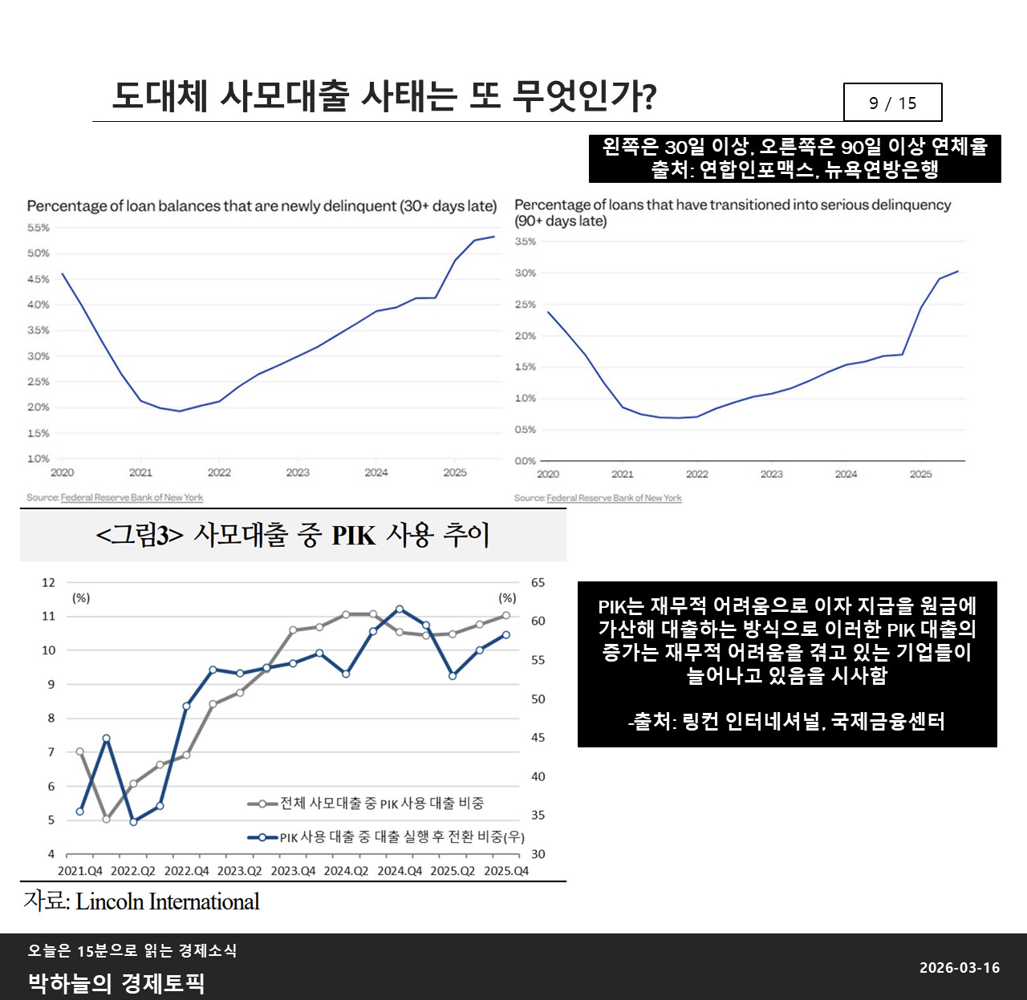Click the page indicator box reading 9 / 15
click(x=892, y=103)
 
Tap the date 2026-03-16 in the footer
click(x=960, y=968)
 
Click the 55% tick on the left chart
click(x=39, y=228)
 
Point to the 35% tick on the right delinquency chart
click(x=526, y=241)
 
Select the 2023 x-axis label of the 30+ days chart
click(x=298, y=472)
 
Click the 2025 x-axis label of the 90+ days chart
click(x=920, y=474)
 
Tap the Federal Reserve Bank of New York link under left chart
click(x=132, y=498)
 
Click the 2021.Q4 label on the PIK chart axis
click(x=80, y=871)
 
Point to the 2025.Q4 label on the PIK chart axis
click(x=506, y=871)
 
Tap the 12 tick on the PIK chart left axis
click(x=49, y=582)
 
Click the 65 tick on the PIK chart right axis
click(x=538, y=582)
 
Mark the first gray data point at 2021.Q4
click(x=80, y=751)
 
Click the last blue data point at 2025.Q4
click(x=506, y=634)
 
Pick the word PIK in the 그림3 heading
click(x=353, y=535)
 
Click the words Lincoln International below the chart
click(x=168, y=902)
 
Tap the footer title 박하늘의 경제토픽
click(x=116, y=983)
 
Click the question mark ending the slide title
click(x=649, y=97)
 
